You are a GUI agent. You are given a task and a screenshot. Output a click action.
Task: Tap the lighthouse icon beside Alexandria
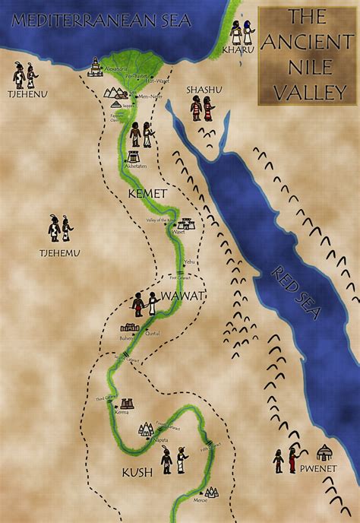[96, 67]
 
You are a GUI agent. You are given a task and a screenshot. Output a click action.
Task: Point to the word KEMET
[147, 194]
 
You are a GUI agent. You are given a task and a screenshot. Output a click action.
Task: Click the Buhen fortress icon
[128, 328]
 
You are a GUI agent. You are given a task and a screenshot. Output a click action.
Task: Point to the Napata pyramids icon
[147, 430]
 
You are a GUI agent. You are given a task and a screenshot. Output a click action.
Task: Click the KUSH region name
[137, 473]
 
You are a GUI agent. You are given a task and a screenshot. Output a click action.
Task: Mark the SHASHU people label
[202, 90]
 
